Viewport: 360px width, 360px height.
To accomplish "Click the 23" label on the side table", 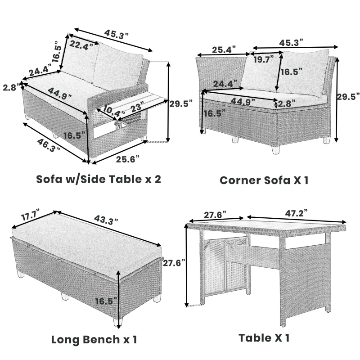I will click(x=136, y=107).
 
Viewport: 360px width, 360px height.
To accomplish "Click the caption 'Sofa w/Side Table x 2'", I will click(x=99, y=179).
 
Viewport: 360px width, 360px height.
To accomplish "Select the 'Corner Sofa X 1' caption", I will click(x=264, y=180).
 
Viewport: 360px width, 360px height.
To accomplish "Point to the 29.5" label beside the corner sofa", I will click(x=349, y=96).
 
